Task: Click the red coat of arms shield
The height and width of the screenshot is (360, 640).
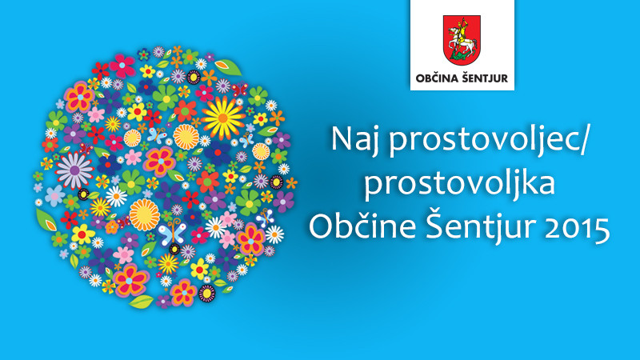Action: pyautogui.click(x=462, y=39)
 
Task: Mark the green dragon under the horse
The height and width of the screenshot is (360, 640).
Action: pyautogui.click(x=461, y=56)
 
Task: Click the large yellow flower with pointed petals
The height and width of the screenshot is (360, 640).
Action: pyautogui.click(x=223, y=118)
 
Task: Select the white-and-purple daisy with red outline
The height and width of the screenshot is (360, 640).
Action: pyautogui.click(x=74, y=170)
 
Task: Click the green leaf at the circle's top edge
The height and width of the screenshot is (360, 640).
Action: pyautogui.click(x=228, y=67)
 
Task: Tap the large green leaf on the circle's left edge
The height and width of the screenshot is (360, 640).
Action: pyautogui.click(x=46, y=221)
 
